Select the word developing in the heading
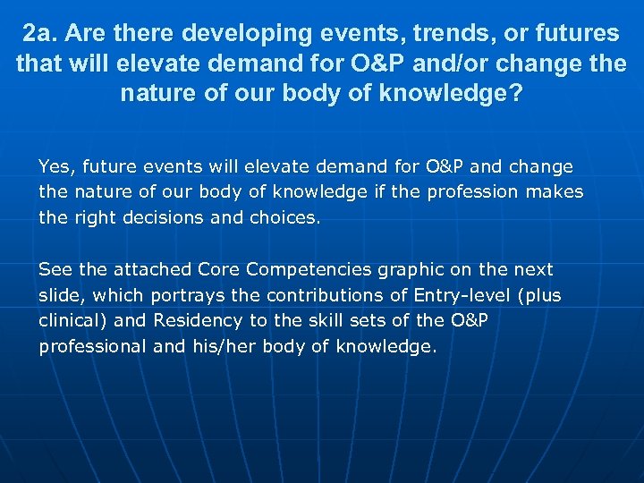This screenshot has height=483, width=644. (231, 34)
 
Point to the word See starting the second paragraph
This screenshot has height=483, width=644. (55, 269)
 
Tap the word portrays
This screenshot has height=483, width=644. (186, 295)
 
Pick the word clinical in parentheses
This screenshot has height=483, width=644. (72, 320)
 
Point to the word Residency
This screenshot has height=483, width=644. (198, 320)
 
